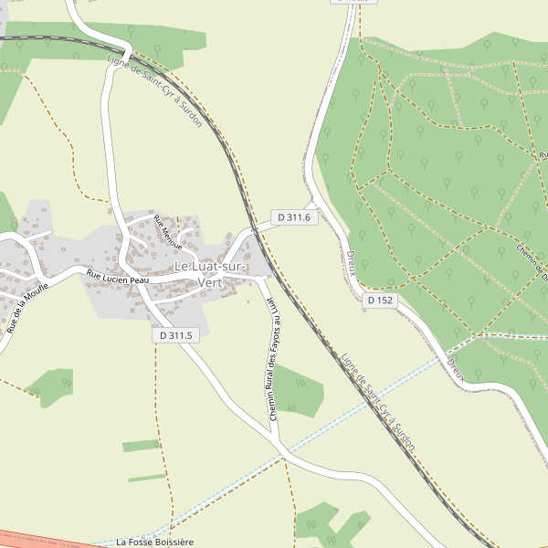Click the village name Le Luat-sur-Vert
(210, 274)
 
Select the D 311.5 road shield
(174, 335)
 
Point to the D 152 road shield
(381, 300)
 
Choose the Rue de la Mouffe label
(26, 307)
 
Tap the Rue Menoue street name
(168, 233)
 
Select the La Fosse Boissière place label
(155, 542)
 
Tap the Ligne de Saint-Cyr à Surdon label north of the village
(154, 90)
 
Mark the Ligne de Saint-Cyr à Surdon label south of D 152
(378, 402)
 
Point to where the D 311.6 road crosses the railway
(256, 231)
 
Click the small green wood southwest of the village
(51, 386)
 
